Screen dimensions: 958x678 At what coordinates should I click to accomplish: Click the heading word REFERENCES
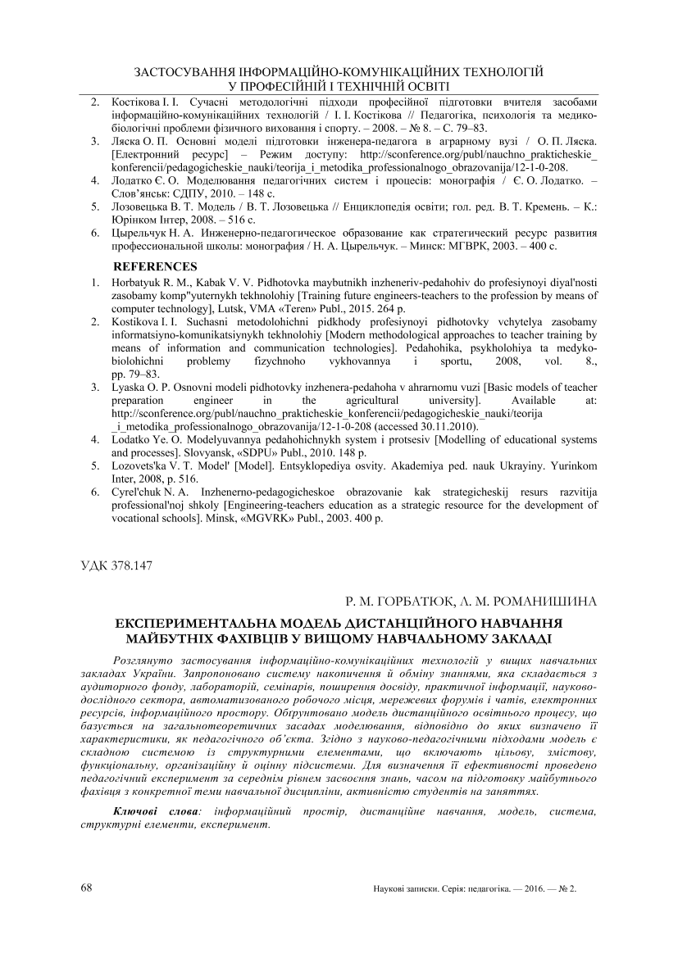[155, 266]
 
